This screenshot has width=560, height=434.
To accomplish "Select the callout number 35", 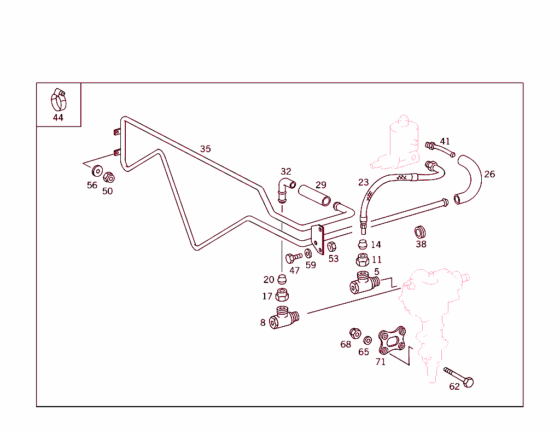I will click(205, 149).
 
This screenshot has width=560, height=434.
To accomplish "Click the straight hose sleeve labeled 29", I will click(314, 195).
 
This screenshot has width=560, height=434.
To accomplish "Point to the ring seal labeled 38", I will click(421, 230).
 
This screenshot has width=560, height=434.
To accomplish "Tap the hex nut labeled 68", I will click(355, 333).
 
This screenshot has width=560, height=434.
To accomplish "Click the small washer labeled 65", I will click(367, 340).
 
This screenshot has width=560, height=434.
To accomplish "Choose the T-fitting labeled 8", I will click(284, 318).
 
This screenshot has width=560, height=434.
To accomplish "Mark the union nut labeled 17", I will click(282, 296).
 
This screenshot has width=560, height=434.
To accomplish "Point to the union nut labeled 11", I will click(362, 259).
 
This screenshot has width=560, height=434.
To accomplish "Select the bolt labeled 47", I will click(293, 257).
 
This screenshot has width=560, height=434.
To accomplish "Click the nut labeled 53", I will click(331, 246).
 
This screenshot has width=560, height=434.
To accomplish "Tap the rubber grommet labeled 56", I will click(97, 170).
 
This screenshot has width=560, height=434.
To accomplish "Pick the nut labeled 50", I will click(108, 177).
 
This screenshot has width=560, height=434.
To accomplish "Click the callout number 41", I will click(445, 141).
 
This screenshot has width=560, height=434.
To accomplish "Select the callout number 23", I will click(363, 182).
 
